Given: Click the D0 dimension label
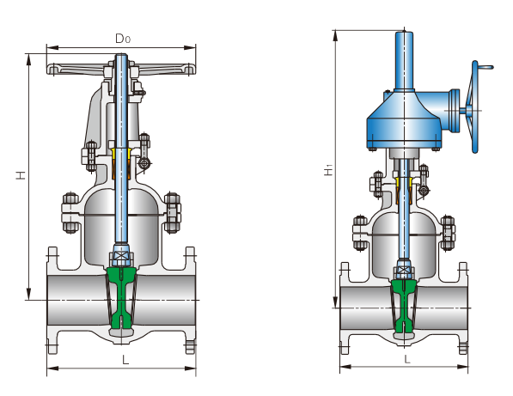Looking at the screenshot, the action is coord(123,39).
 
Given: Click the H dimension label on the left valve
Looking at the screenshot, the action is coord(21,175).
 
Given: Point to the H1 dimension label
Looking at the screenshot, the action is coord(328,170).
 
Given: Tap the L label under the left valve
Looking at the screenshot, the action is coord(125,360).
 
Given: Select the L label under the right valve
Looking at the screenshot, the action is coord(407,359).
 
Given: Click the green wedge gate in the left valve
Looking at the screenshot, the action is coord(121,297).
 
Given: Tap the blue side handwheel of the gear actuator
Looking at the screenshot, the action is coord(474,107).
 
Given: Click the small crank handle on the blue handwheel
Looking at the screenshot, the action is coord(486,67).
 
